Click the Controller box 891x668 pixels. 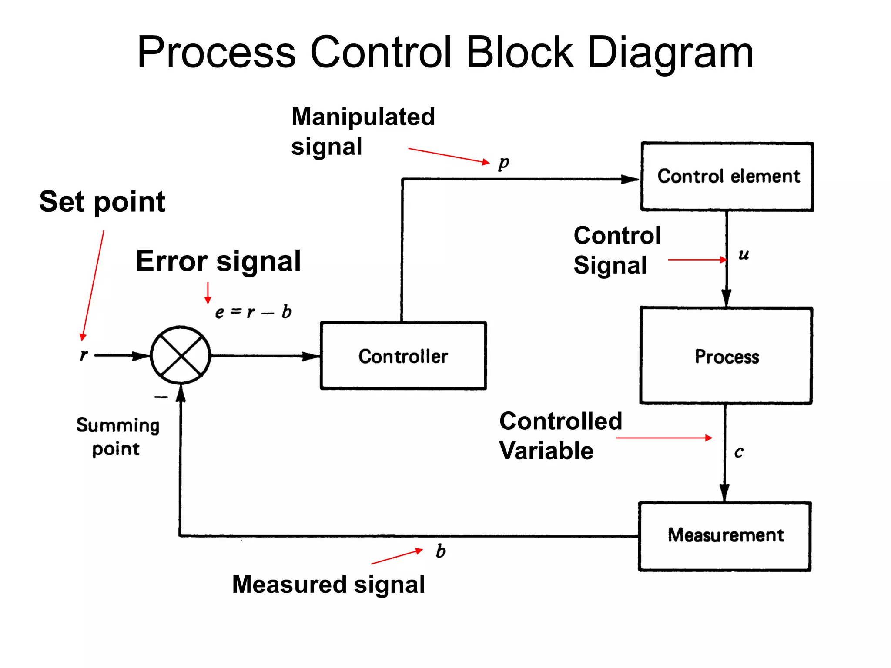click(403, 356)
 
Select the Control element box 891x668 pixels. click(727, 177)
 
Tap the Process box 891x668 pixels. click(726, 356)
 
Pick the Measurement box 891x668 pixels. click(725, 536)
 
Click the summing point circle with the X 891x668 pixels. click(180, 355)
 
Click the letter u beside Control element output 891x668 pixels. click(744, 254)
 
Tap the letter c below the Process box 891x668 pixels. click(739, 452)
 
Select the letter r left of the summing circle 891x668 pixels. click(84, 355)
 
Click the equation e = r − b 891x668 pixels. click(253, 312)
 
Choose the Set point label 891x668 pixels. click(102, 202)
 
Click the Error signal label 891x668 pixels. click(218, 261)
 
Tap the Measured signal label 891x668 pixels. click(328, 584)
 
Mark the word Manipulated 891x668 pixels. click(363, 117)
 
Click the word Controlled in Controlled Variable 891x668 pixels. click(560, 421)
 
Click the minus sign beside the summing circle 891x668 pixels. click(161, 397)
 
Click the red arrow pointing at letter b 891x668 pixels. click(397, 557)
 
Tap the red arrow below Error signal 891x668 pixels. click(208, 293)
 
